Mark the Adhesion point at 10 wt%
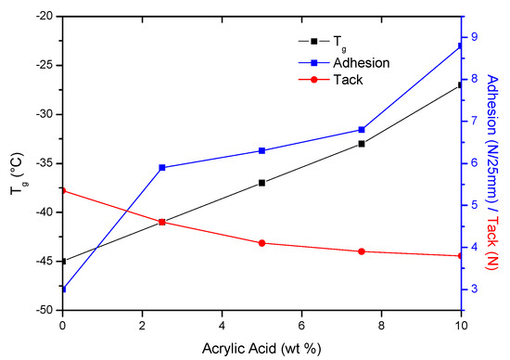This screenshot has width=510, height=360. [x=460, y=45]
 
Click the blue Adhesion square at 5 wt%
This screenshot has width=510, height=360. [x=261, y=150]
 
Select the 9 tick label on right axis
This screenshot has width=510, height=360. [x=474, y=37]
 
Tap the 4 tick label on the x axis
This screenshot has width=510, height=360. [x=222, y=326]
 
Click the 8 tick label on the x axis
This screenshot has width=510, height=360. [x=381, y=326]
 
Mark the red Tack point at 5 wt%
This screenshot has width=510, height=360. [x=261, y=243]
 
